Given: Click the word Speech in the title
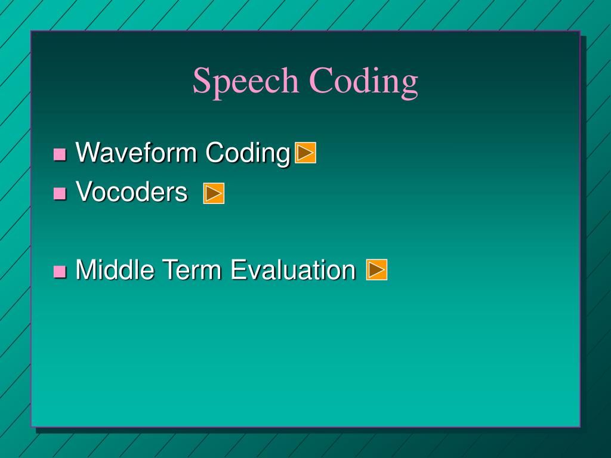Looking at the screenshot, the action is click(x=245, y=82).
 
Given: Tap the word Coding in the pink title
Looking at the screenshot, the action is click(x=363, y=82).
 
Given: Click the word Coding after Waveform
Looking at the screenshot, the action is click(x=248, y=153).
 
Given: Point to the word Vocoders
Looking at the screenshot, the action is click(x=132, y=191).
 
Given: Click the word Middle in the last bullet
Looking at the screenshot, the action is click(x=115, y=269).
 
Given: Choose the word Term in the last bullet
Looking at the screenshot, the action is click(x=192, y=269).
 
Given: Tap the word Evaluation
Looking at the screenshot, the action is click(x=293, y=269).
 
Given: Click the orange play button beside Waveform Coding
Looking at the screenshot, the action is click(x=305, y=152).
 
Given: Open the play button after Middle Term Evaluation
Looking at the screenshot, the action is click(x=377, y=270).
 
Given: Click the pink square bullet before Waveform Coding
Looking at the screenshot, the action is click(x=60, y=154).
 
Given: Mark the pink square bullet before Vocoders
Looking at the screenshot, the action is click(x=60, y=193).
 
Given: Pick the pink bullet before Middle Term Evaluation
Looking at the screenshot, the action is click(x=60, y=271).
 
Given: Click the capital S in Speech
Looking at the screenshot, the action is click(x=202, y=81).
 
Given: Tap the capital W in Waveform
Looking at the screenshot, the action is click(x=90, y=152).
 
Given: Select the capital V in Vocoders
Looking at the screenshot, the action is click(x=85, y=191).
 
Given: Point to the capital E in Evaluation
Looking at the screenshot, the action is click(x=239, y=269).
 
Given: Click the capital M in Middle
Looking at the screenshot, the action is click(x=86, y=269).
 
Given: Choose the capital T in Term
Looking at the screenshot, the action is click(x=171, y=269).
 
